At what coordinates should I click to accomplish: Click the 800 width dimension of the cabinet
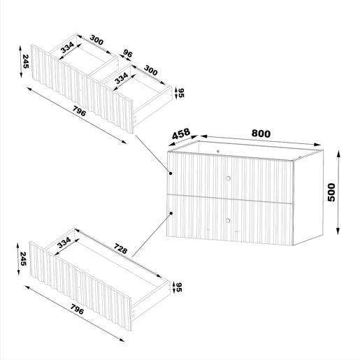tap(261, 134)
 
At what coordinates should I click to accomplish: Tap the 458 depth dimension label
tap(181, 134)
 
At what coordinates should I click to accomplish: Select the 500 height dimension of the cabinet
tap(331, 192)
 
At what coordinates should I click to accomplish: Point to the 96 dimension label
tap(127, 53)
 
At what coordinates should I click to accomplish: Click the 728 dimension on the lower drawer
tap(120, 249)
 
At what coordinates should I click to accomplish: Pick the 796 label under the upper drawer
tap(79, 111)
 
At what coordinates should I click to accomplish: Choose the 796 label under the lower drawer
tap(77, 309)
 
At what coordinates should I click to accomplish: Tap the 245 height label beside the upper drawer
tap(25, 62)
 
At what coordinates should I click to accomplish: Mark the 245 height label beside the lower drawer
tap(23, 259)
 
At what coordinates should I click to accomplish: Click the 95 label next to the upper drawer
tap(181, 93)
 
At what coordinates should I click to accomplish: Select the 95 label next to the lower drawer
tap(179, 287)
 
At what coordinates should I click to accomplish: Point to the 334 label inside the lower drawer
tap(64, 243)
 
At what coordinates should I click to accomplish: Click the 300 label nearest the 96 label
tap(151, 71)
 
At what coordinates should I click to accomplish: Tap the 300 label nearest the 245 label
tap(96, 40)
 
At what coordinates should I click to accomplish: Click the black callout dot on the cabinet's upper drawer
tap(171, 173)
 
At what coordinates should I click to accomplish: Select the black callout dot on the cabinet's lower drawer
tap(171, 213)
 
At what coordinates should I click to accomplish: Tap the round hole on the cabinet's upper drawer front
tap(229, 179)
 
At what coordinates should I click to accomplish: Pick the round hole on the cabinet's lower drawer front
tap(228, 220)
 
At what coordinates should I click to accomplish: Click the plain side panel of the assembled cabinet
tap(308, 198)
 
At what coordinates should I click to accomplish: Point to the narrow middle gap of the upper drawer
tap(103, 71)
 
